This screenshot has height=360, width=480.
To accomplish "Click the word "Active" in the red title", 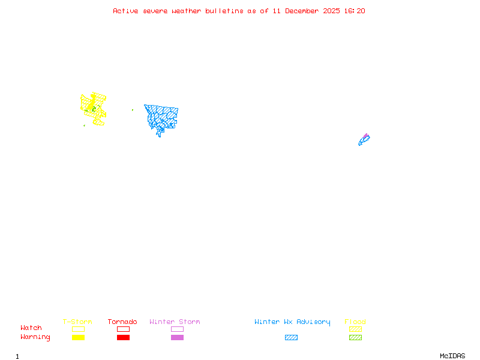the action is click(125, 11).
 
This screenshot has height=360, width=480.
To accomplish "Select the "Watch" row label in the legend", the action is click(31, 328).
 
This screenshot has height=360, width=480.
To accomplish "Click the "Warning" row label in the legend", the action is click(35, 337).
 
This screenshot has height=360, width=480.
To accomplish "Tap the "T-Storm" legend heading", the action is click(77, 322).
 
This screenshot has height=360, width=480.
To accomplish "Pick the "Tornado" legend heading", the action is click(122, 322).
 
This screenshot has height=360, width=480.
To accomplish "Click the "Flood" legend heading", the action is click(355, 322).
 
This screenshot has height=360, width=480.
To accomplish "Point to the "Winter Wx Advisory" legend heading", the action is click(292, 322).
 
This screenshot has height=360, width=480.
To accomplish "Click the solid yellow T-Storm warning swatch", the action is click(78, 337).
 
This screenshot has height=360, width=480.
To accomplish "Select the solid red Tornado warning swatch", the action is click(123, 337).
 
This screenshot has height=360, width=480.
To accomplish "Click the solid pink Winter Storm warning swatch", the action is click(177, 337).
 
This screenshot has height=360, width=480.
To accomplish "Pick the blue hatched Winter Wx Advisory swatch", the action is click(291, 337).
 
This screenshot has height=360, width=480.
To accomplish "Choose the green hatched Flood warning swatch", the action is click(355, 337).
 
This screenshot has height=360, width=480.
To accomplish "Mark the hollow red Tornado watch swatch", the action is click(123, 329).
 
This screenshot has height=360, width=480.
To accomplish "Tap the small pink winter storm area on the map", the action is click(366, 136).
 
